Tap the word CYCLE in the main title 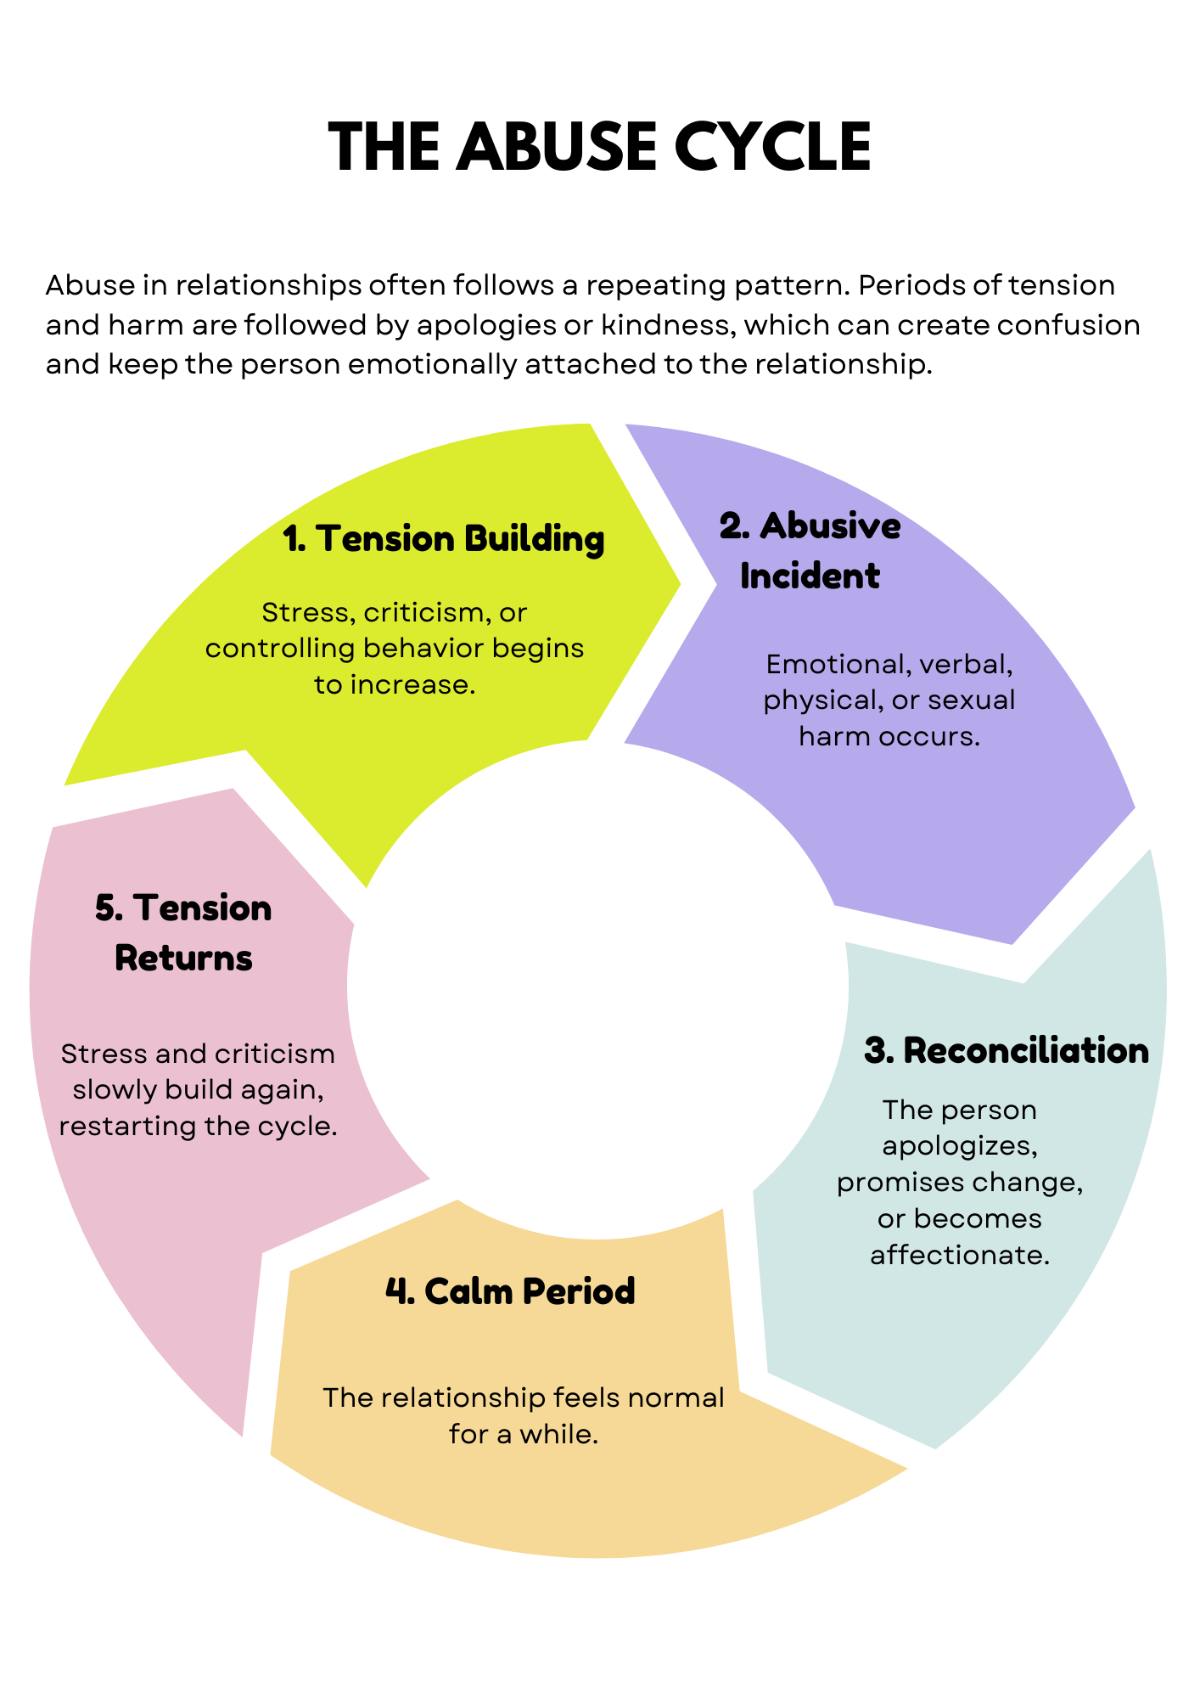coord(772,147)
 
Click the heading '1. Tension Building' coord(444,539)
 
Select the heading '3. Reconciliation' coord(1007,1051)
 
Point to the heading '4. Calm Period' coord(510,1291)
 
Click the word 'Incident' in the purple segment coord(810,576)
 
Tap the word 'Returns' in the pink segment coord(183,959)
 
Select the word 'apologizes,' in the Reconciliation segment coord(960,1146)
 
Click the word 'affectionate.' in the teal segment coord(960,1255)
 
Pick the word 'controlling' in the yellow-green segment coord(280,649)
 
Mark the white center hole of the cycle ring coord(598,985)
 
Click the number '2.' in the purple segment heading coord(734,527)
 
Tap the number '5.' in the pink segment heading coord(109,909)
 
